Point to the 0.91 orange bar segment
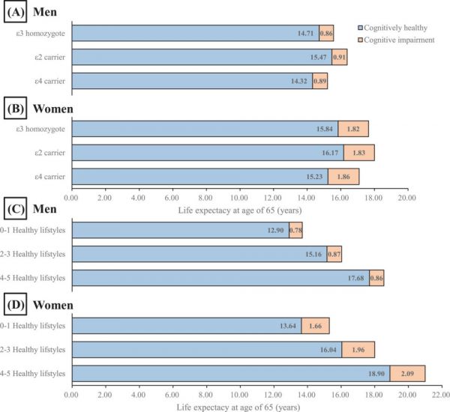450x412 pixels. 339,57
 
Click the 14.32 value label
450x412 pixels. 301,81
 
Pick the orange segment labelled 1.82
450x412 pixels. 353,129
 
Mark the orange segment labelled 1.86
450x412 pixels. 343,177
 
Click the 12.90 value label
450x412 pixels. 277,230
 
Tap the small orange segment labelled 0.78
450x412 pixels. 295,230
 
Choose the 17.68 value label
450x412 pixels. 357,278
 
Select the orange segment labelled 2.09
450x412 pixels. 407,372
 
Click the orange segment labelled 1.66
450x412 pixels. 316,325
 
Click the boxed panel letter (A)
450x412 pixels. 16,13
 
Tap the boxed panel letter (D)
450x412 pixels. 16,305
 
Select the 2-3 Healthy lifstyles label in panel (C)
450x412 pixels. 34,254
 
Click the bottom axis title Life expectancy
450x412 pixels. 239,405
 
